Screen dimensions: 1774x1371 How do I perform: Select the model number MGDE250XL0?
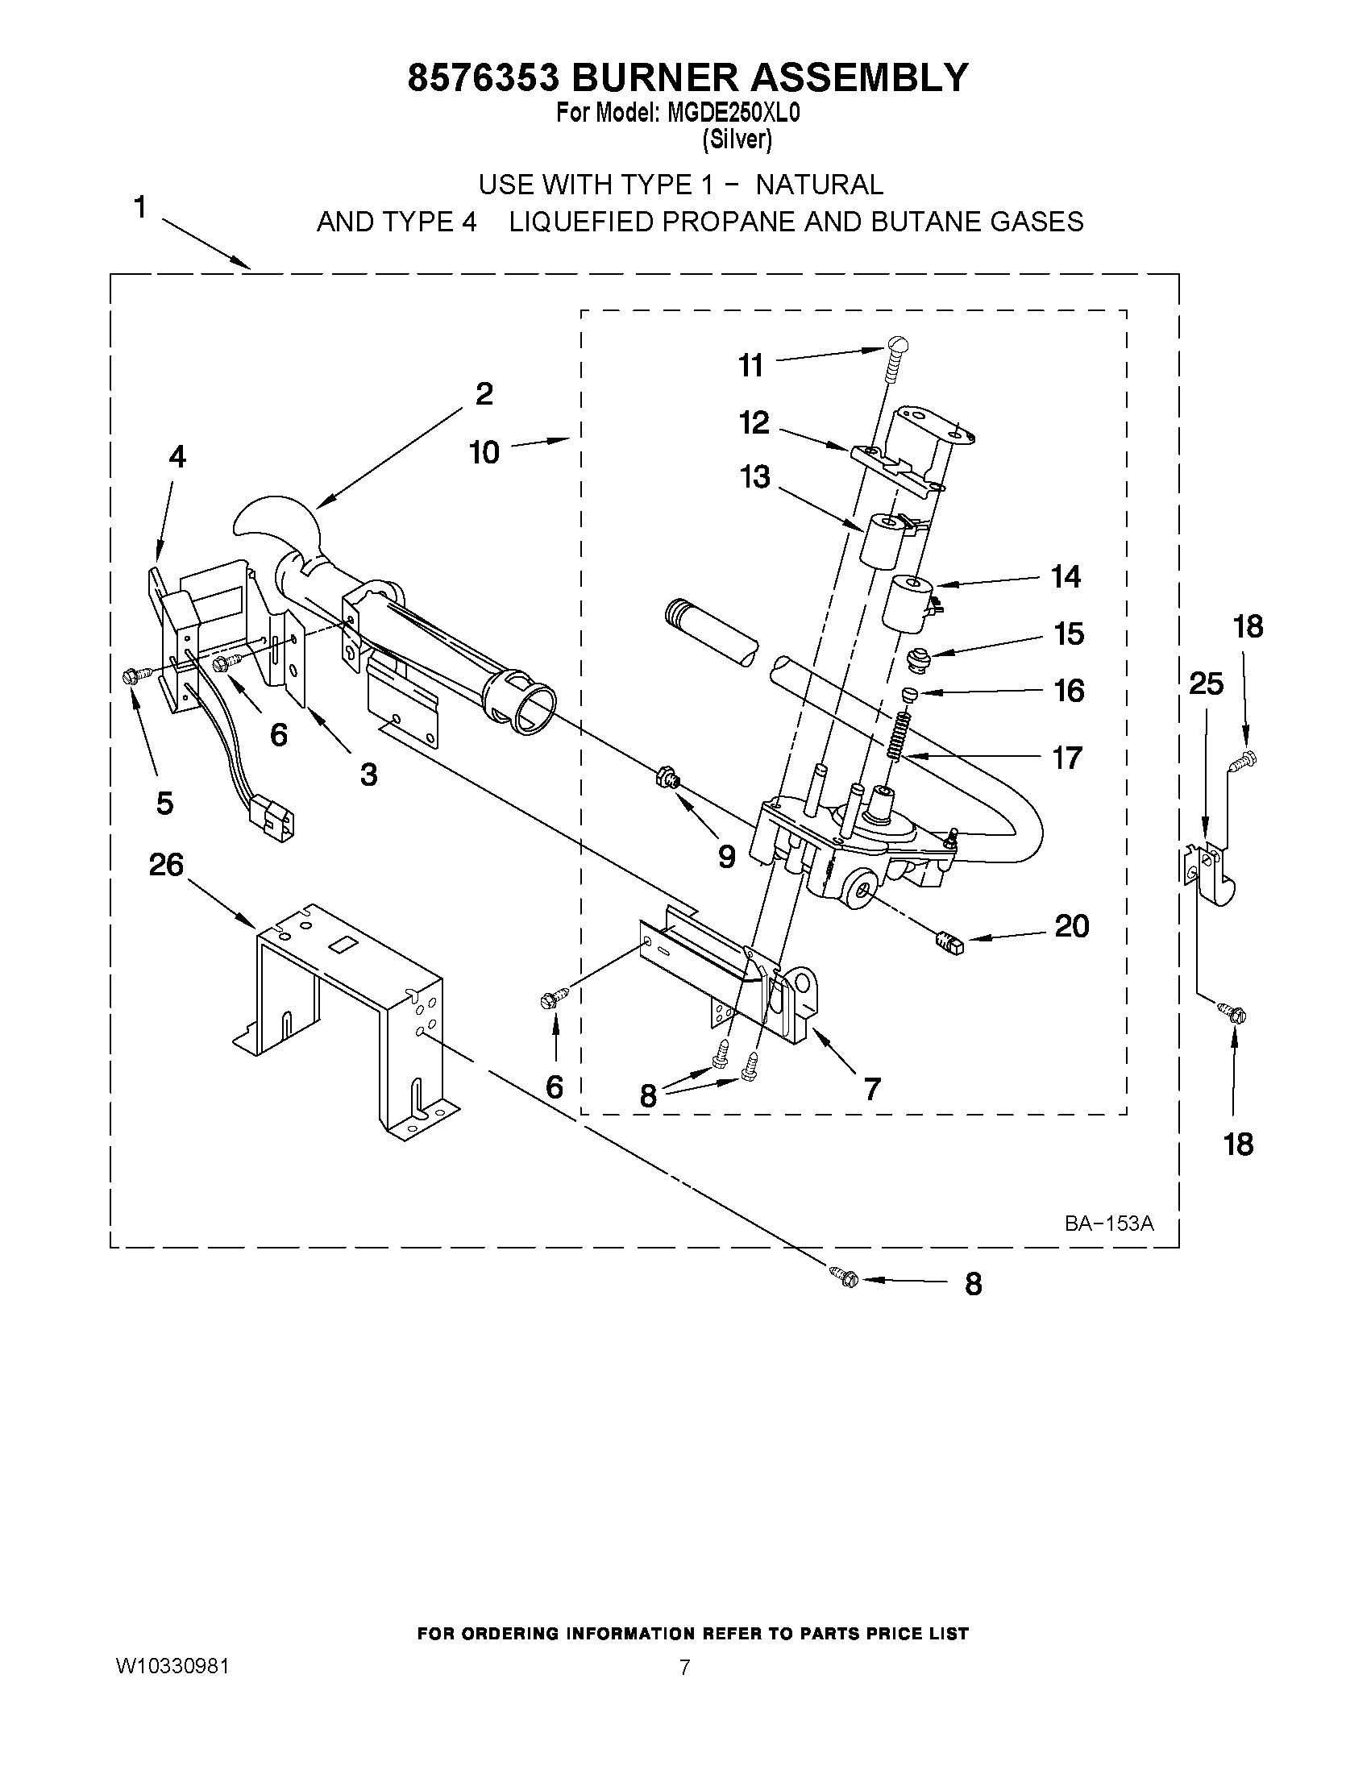(733, 113)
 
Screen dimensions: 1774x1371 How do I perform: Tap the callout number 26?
(166, 865)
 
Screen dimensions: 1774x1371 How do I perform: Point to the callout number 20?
(1071, 926)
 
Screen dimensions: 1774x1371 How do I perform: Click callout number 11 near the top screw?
(750, 366)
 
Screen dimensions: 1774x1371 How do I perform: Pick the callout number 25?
(1205, 684)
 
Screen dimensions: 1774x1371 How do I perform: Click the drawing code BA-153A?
(1109, 1224)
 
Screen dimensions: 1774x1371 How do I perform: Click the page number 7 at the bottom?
(684, 1668)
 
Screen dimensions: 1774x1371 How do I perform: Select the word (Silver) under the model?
(737, 139)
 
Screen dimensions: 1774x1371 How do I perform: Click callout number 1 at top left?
(139, 208)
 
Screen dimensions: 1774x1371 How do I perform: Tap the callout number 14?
(1066, 577)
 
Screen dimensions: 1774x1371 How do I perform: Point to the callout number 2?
(484, 394)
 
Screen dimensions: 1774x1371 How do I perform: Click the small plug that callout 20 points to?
(948, 943)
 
